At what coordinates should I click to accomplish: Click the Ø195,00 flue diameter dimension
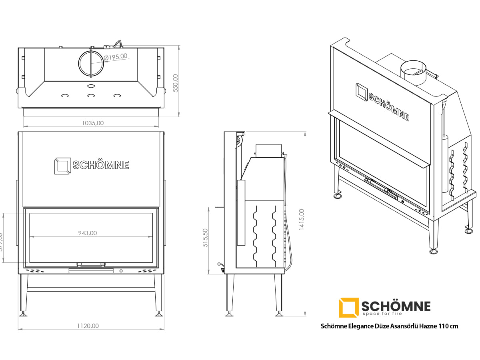pyautogui.click(x=116, y=56)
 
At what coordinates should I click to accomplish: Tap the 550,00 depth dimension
pyautogui.click(x=175, y=83)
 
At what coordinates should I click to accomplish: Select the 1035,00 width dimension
pyautogui.click(x=93, y=123)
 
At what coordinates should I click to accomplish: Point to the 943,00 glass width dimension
pyautogui.click(x=87, y=233)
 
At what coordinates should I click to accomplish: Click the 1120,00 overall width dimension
pyautogui.click(x=88, y=326)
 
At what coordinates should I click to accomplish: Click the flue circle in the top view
pyautogui.click(x=91, y=64)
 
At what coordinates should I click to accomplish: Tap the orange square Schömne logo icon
pyautogui.click(x=348, y=307)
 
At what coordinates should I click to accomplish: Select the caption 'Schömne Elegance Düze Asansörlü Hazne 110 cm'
pyautogui.click(x=390, y=326)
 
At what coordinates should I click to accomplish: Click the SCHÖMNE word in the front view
pyautogui.click(x=101, y=165)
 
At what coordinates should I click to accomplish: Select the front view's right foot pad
pyautogui.click(x=159, y=314)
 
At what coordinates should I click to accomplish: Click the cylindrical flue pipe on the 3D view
pyautogui.click(x=414, y=72)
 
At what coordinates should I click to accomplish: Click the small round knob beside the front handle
pyautogui.click(x=121, y=271)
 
